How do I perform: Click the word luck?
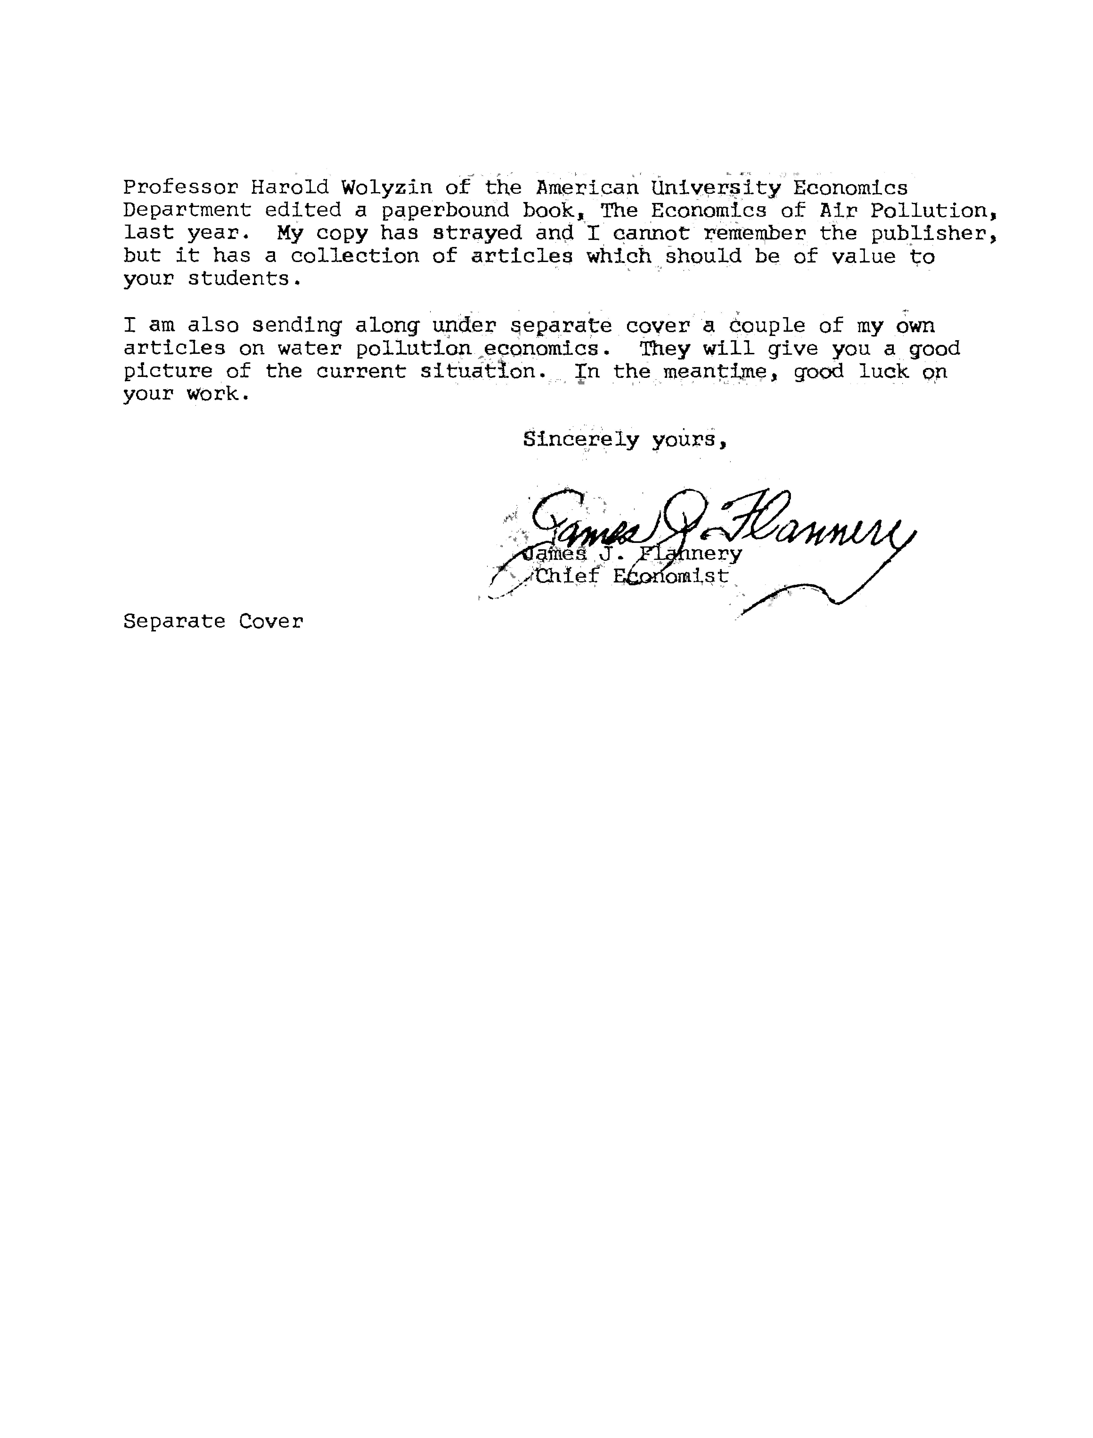pyautogui.click(x=883, y=371)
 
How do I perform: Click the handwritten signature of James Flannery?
pyautogui.click(x=716, y=524)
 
